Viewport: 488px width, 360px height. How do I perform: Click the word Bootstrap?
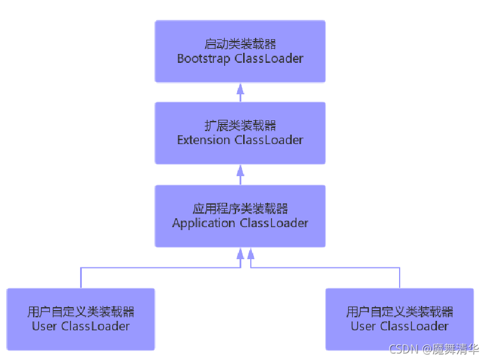(x=203, y=59)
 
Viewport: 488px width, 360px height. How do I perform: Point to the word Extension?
(x=203, y=141)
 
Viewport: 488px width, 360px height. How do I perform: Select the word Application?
(x=204, y=224)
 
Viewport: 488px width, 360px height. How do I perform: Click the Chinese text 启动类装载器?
(x=240, y=44)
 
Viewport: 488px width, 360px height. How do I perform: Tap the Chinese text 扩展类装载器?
(x=240, y=126)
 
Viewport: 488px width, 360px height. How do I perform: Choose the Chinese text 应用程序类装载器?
(x=240, y=209)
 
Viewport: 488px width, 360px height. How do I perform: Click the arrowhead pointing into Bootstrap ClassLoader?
(x=240, y=89)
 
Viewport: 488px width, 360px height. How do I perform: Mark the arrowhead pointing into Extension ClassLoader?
(x=240, y=171)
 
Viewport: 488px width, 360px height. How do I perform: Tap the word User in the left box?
(x=44, y=326)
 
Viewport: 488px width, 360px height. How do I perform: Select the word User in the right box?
(x=363, y=326)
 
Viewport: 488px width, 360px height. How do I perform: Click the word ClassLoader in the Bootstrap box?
(x=269, y=59)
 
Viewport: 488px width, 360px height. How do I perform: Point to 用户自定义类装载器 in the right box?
(x=399, y=312)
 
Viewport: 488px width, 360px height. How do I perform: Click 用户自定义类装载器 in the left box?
(x=81, y=312)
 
